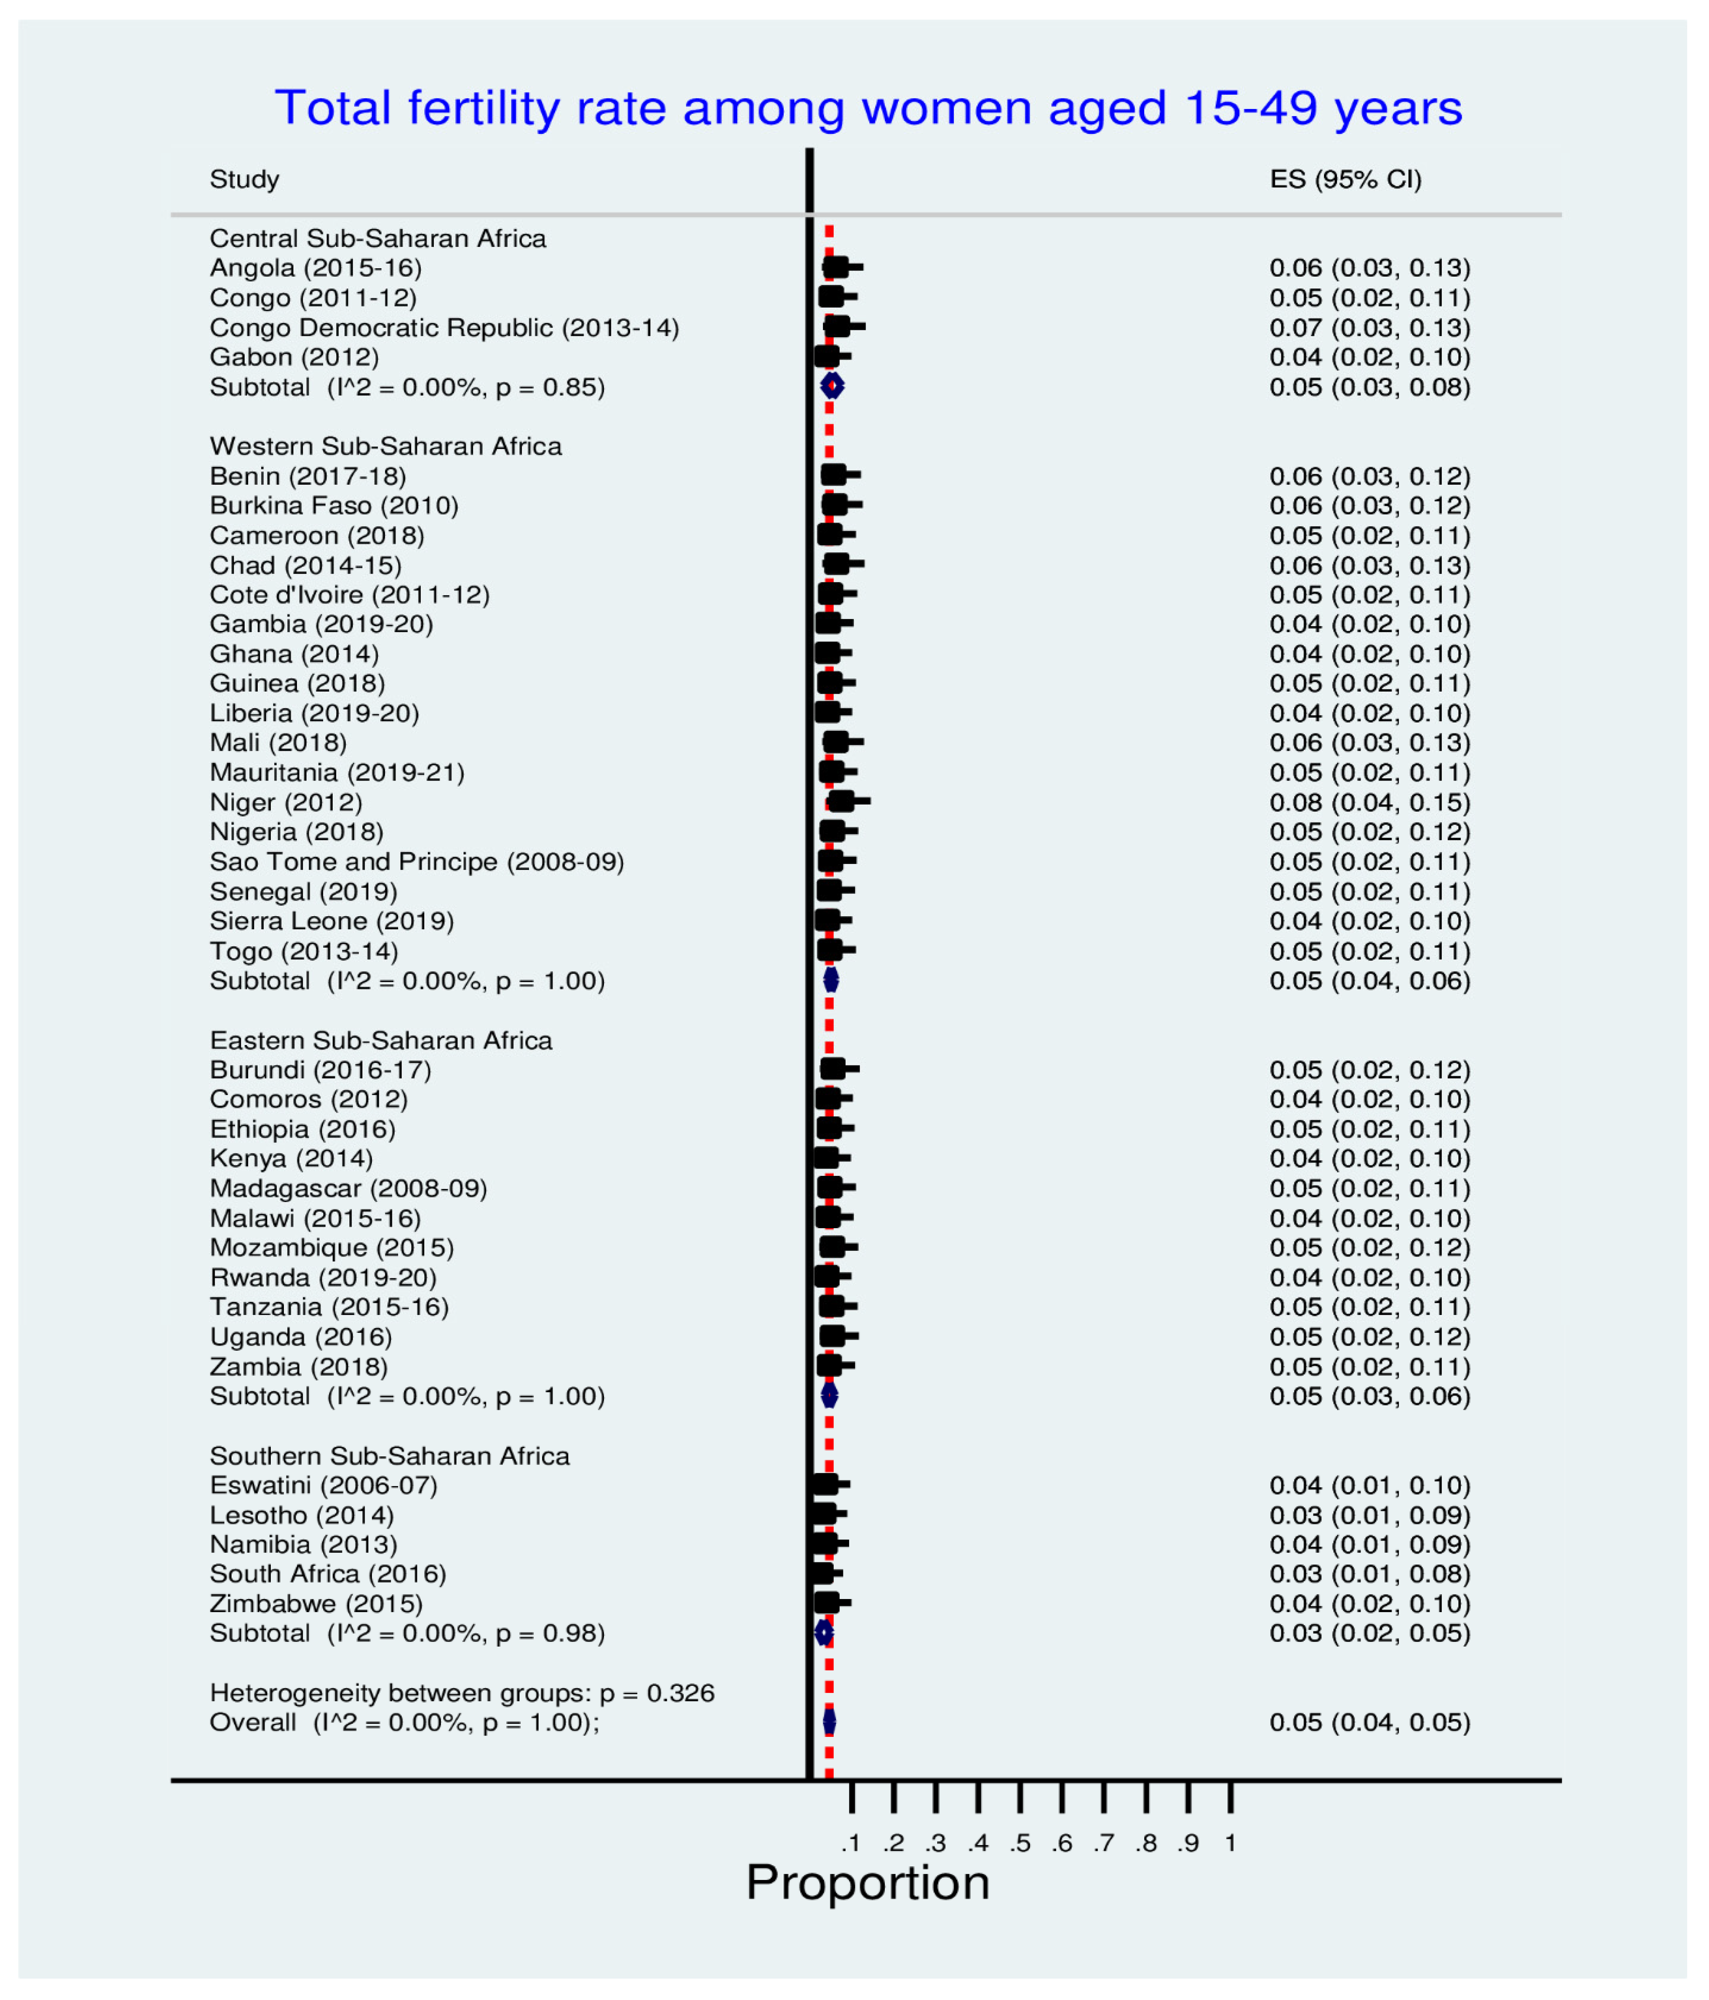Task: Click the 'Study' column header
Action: [x=244, y=179]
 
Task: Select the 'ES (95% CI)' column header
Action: [x=1345, y=179]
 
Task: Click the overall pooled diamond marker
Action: [x=829, y=1722]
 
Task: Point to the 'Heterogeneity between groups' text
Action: [x=462, y=1693]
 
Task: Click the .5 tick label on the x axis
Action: [x=1020, y=1842]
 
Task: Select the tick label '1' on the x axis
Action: [x=1230, y=1842]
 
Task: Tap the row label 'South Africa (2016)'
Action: [x=328, y=1574]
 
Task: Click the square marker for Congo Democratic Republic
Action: [x=837, y=327]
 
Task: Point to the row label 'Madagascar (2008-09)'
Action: [x=348, y=1188]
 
